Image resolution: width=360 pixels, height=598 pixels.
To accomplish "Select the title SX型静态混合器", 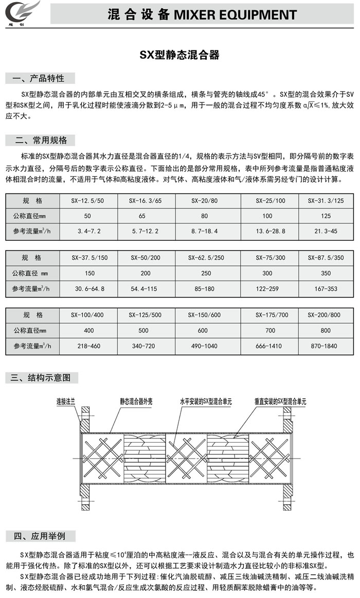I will (x=179, y=55).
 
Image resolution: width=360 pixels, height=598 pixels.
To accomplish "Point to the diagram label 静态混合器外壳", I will (x=136, y=401).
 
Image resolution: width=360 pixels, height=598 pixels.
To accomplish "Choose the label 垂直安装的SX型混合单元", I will (x=280, y=401).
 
